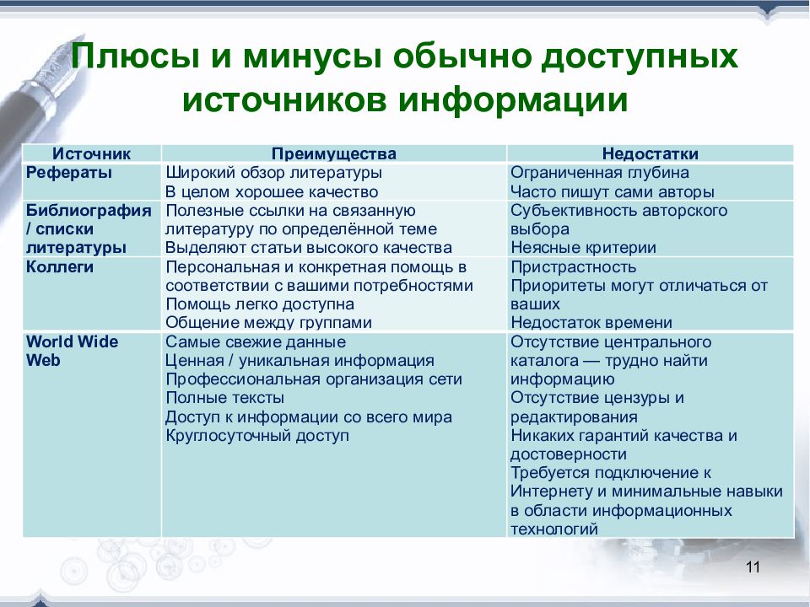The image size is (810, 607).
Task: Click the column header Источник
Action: [x=91, y=153]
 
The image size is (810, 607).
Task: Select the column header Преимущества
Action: [x=334, y=153]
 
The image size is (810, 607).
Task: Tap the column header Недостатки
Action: [x=651, y=153]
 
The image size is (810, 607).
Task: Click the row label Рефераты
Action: [x=68, y=173]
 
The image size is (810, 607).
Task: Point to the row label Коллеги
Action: [x=59, y=267]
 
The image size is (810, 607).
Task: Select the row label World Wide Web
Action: [x=72, y=351]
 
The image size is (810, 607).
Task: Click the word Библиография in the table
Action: [x=89, y=211]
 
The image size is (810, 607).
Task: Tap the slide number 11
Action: [x=753, y=567]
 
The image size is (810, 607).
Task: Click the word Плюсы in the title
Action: [x=135, y=56]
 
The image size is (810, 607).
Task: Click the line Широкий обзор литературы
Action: [x=273, y=173]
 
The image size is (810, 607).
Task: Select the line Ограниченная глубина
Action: [x=600, y=173]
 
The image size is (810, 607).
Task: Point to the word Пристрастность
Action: [x=574, y=267]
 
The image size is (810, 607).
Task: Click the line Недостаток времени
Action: [x=591, y=323]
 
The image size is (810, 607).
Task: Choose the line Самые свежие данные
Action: [x=256, y=342]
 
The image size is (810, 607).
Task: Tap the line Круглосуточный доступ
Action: [x=257, y=436]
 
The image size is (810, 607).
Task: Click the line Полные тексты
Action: [x=224, y=398]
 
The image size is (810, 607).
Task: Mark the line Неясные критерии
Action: [x=583, y=248]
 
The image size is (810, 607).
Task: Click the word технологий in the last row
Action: [x=554, y=529]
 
